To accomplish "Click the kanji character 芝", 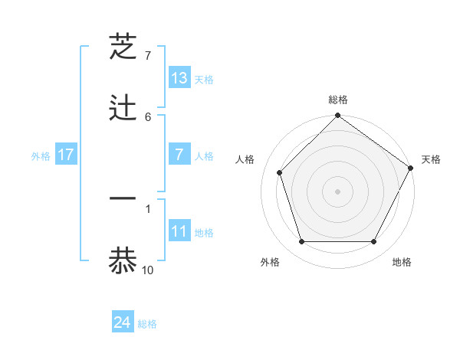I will click(x=123, y=47).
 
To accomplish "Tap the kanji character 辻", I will click(x=123, y=108).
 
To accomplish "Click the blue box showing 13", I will click(x=179, y=77).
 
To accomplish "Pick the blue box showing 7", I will click(x=179, y=155).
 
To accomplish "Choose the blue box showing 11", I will click(x=179, y=231).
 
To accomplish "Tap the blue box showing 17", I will click(x=66, y=155).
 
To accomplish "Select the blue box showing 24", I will click(x=123, y=322).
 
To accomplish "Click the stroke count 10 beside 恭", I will click(x=148, y=270).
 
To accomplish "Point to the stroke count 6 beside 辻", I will click(x=148, y=116).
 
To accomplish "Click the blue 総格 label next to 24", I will click(x=147, y=324).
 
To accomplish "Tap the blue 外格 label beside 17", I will click(x=41, y=156).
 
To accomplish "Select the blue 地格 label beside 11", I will click(x=204, y=233).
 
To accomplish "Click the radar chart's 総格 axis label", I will click(x=338, y=100).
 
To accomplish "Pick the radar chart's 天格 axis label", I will click(x=431, y=159).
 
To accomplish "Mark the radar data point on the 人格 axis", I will click(x=280, y=172).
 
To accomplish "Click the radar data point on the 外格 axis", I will click(x=301, y=242).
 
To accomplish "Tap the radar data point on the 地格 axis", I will click(x=374, y=242).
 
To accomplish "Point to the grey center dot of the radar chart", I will click(x=338, y=191).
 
